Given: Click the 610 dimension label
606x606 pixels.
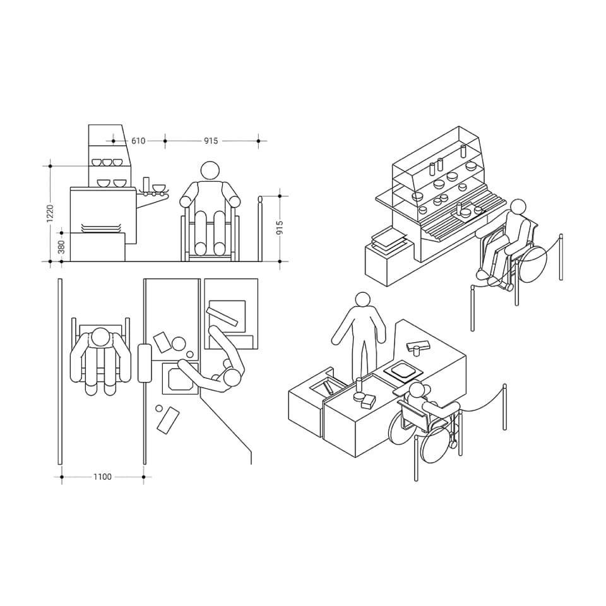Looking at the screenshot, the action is (x=138, y=141).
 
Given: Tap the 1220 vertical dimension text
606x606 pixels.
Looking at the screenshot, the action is (x=50, y=214).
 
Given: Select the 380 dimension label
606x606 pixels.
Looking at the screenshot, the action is (x=61, y=247).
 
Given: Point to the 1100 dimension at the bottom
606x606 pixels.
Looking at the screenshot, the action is (x=102, y=477).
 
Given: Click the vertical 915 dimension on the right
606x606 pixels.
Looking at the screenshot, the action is (x=280, y=228).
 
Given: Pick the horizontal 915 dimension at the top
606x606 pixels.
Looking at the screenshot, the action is (x=211, y=141).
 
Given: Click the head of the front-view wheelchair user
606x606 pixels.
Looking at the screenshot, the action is (x=211, y=170).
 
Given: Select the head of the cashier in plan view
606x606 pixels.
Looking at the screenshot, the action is (x=232, y=377).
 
